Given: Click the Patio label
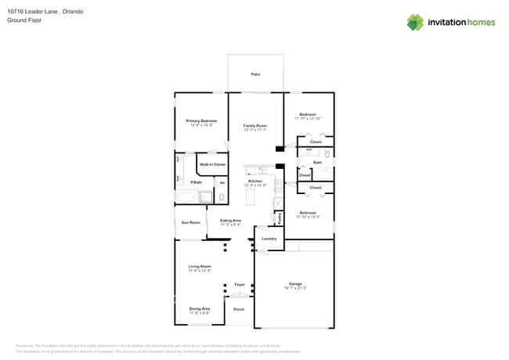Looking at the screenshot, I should point(255,74).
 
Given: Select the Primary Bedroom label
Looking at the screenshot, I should point(201,121).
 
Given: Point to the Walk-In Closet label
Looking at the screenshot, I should point(212,164).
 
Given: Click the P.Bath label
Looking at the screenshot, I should point(197,182).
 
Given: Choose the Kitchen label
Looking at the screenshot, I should point(255,181).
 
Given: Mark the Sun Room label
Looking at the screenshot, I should point(190,222).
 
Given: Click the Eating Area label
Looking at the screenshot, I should point(230,221).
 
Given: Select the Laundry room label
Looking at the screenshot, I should point(269,238).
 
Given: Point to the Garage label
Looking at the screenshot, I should point(295,284).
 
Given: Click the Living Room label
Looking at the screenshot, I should point(200,267).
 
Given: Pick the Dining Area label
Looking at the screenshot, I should point(200,309).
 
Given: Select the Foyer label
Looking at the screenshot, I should point(240,284).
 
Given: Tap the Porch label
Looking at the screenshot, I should point(239,309).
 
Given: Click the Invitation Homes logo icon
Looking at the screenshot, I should point(415,22).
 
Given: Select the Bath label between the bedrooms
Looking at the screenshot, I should point(317,163).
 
